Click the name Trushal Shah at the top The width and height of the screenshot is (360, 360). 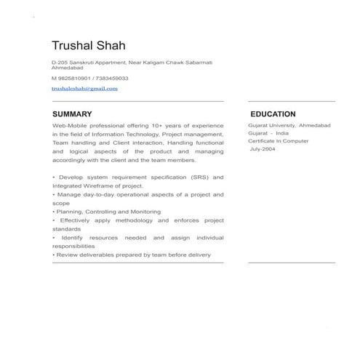pos(88,45)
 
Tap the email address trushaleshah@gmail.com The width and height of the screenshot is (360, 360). pos(84,88)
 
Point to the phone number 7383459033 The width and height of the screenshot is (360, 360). pos(111,78)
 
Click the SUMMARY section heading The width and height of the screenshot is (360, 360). pos(72,114)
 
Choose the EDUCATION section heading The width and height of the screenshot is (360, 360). pos(273,114)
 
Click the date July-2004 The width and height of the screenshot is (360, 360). pos(263,149)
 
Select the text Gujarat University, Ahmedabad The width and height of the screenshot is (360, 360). pos(289,125)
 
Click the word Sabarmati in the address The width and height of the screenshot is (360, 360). pos(197,63)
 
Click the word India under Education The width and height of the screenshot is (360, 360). pos(282,133)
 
